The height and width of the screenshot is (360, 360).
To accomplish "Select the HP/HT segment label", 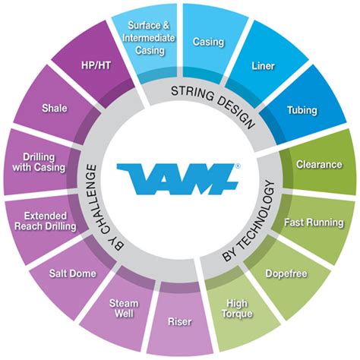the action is click(x=96, y=65).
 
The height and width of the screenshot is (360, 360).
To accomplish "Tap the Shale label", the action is click(x=55, y=108).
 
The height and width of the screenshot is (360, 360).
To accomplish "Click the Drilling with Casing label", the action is click(x=39, y=163).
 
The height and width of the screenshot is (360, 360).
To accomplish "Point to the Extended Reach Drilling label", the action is click(x=46, y=221).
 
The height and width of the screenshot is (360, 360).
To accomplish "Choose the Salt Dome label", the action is click(x=73, y=273).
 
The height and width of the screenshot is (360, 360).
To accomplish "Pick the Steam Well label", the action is click(x=124, y=308).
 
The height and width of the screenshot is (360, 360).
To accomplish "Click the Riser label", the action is click(x=180, y=322).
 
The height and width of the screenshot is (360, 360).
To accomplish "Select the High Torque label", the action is click(x=237, y=308).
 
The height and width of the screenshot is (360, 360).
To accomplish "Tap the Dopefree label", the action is click(x=286, y=273).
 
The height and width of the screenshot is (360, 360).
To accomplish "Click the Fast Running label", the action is click(x=314, y=223).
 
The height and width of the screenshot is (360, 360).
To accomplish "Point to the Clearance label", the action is click(x=319, y=165).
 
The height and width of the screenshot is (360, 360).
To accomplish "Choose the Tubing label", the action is click(x=302, y=110).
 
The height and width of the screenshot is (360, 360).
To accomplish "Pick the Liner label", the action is click(x=264, y=66).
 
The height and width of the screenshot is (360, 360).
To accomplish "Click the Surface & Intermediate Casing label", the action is click(x=149, y=38).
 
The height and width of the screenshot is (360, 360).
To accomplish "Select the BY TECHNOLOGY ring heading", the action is click(x=248, y=221).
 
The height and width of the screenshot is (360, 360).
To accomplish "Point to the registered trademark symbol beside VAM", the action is click(x=238, y=166).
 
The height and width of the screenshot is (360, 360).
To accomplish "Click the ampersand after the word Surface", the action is click(x=166, y=25).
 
